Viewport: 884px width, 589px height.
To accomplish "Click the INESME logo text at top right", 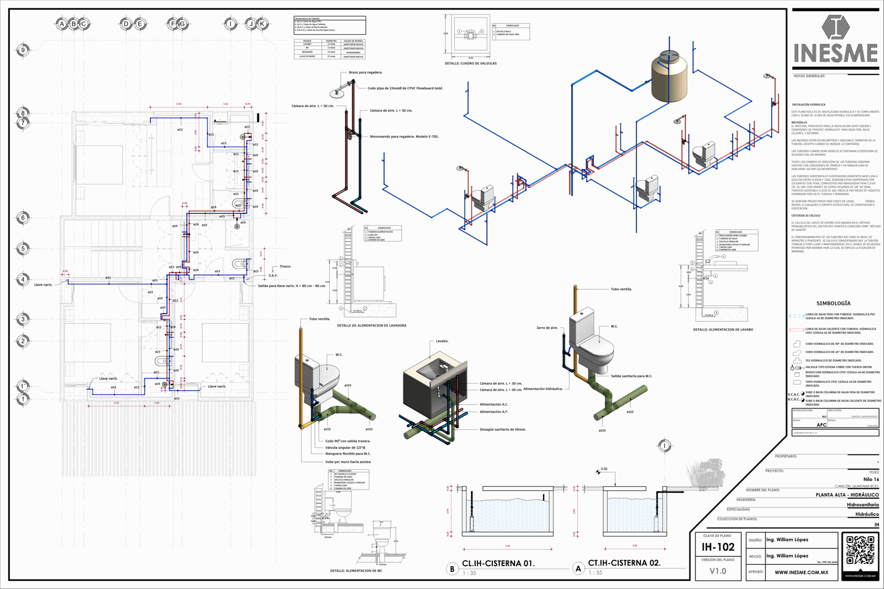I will click(x=835, y=54).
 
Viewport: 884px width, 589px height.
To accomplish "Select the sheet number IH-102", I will click(x=718, y=548).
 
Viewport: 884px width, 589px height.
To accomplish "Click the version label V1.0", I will click(x=718, y=571).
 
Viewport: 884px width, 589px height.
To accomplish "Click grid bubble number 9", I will click(x=23, y=50).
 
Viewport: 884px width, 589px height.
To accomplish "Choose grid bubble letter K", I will click(x=262, y=24).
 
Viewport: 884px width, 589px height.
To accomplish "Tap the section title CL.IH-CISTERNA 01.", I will click(x=498, y=564).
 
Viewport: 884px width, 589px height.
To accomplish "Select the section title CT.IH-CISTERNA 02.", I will click(x=624, y=563).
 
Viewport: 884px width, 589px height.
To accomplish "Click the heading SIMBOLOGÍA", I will click(x=833, y=303).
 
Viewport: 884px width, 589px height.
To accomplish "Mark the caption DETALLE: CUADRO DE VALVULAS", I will click(x=470, y=64).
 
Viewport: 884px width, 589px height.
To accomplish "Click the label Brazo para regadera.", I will click(x=365, y=72).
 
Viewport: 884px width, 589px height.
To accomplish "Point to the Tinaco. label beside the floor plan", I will click(x=285, y=266).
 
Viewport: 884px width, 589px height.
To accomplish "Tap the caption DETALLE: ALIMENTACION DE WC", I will click(x=356, y=571).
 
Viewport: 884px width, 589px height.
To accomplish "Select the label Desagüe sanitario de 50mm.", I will click(x=502, y=429).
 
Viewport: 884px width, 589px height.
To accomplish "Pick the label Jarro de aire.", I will click(x=547, y=328).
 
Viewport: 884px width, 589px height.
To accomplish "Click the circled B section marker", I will click(x=452, y=569).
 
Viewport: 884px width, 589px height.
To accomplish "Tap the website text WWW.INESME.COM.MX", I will click(x=801, y=572).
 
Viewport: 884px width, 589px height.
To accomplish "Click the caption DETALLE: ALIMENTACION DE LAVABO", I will click(x=723, y=330).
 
